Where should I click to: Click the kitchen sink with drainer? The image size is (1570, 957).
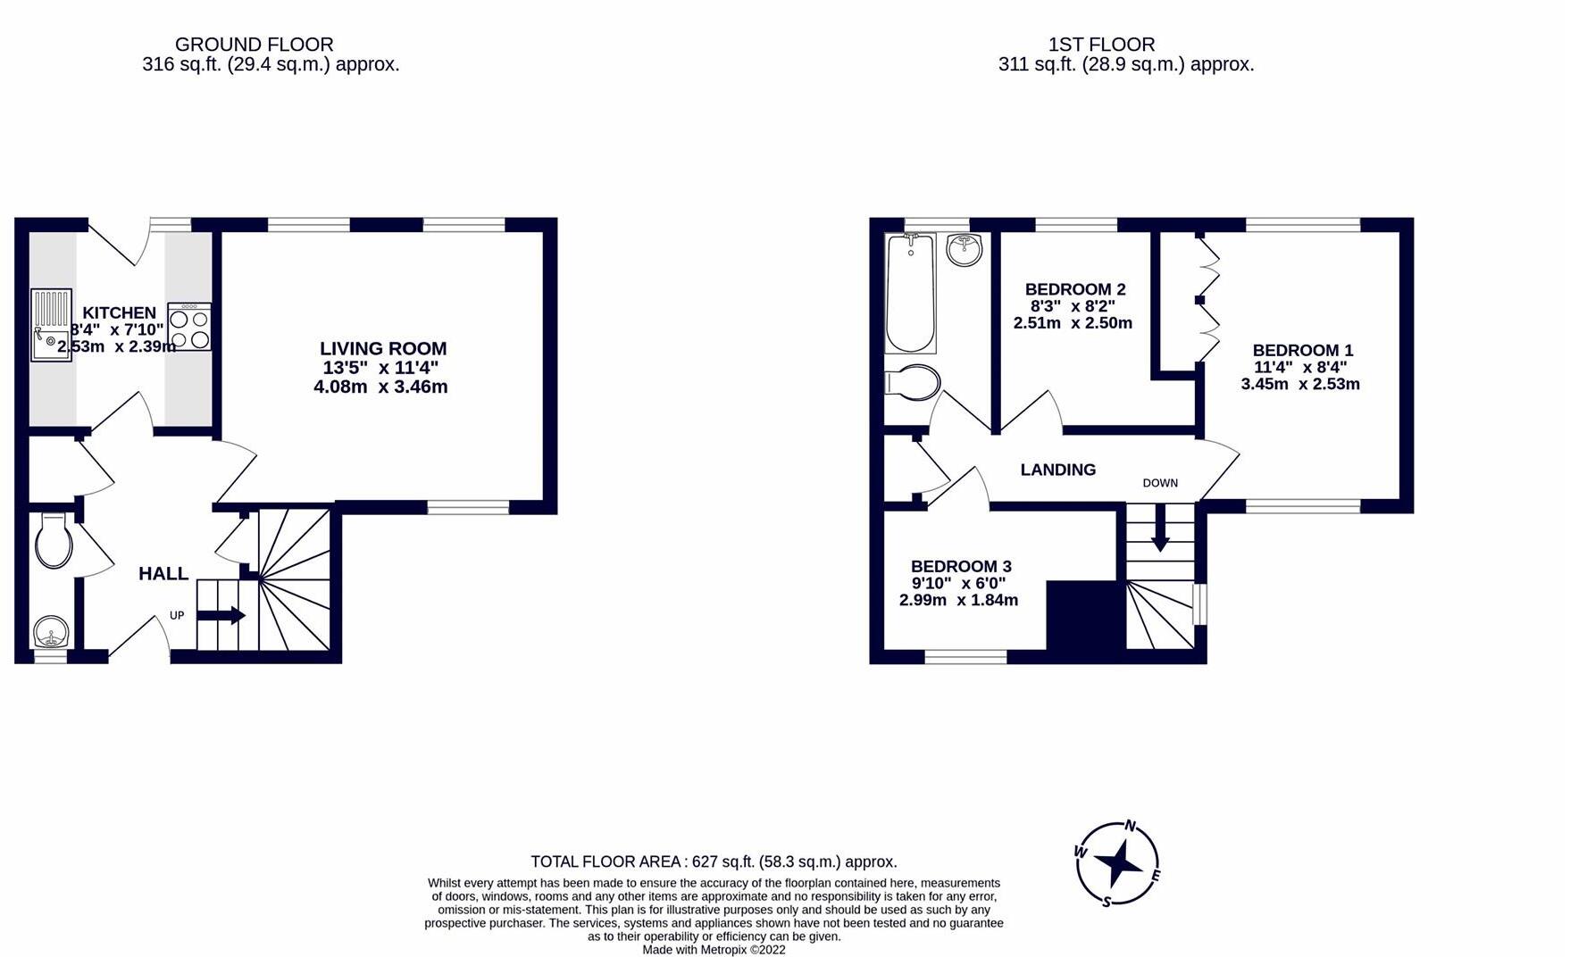pos(51,324)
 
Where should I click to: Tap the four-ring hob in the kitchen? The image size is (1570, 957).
pos(189,328)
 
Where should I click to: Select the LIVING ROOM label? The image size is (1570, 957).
pos(383,349)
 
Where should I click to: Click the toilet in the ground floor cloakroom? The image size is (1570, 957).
pos(54,542)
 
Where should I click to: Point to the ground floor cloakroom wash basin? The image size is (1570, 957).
pos(51,633)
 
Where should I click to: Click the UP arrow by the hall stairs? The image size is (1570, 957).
pos(221,615)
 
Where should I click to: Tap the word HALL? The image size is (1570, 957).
pos(163,574)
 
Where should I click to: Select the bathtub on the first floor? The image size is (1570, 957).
pos(910,293)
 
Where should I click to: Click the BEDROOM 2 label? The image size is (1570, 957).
pos(1074,289)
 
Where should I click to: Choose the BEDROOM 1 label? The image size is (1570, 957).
pos(1302,351)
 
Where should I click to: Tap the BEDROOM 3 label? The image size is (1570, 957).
pos(960,566)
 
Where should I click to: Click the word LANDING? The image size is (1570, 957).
pos(1057,470)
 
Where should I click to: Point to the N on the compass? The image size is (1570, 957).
pos(1130,826)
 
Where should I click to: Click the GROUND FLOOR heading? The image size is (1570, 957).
pos(254,45)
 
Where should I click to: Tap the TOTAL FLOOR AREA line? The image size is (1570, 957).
pos(714,861)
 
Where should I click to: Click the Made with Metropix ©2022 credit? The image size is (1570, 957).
pos(714,950)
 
